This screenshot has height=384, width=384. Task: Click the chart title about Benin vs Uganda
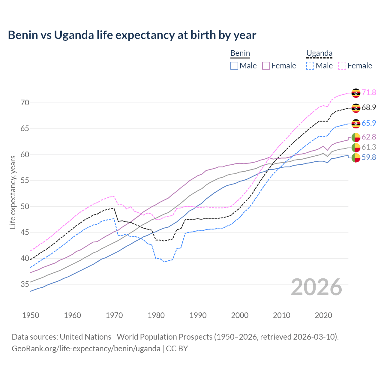pyautogui.click(x=132, y=35)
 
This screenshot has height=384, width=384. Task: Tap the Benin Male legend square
pyautogui.click(x=234, y=66)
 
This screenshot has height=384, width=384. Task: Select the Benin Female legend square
pyautogui.click(x=266, y=66)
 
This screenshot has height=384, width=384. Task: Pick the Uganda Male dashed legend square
pyautogui.click(x=310, y=66)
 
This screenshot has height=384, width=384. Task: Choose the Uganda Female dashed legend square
pyautogui.click(x=342, y=66)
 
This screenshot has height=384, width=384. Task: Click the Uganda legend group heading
pyautogui.click(x=319, y=53)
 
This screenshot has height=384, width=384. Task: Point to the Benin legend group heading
pyautogui.click(x=240, y=53)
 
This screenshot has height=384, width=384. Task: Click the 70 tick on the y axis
pyautogui.click(x=25, y=103)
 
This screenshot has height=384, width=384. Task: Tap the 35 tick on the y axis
pyautogui.click(x=25, y=284)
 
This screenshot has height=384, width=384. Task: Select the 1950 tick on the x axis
pyautogui.click(x=31, y=315)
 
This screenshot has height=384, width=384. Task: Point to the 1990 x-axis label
pyautogui.click(x=198, y=315)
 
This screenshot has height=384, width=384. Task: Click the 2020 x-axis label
pyautogui.click(x=323, y=315)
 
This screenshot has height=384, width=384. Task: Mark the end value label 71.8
pyautogui.click(x=369, y=93)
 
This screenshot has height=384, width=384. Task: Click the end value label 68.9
pyautogui.click(x=369, y=108)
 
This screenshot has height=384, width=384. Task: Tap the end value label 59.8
pyautogui.click(x=369, y=157)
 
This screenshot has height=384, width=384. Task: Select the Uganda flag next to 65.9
pyautogui.click(x=356, y=123)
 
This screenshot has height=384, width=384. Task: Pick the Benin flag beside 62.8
pyautogui.click(x=356, y=137)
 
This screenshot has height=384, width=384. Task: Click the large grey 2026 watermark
pyautogui.click(x=316, y=287)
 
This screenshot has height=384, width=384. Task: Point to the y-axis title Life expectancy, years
pyautogui.click(x=13, y=192)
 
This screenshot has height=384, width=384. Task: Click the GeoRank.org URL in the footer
pyautogui.click(x=86, y=349)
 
